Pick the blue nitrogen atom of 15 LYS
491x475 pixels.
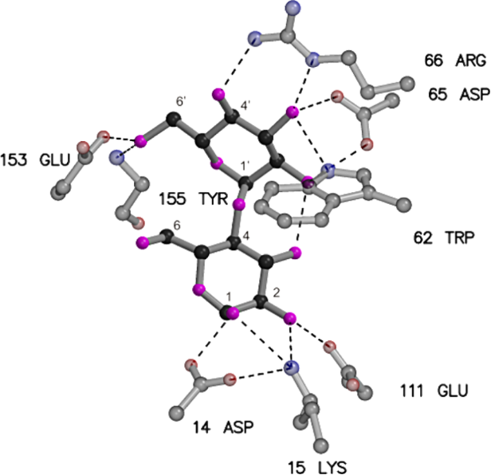pyautogui.click(x=292, y=367)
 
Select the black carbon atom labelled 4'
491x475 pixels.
pyautogui.click(x=233, y=121)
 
